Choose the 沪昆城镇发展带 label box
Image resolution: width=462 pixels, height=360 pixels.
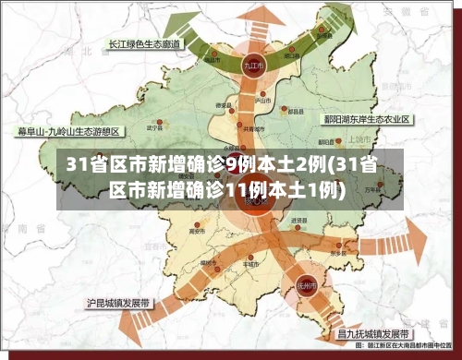(121, 302)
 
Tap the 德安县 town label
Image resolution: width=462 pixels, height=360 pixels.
(223, 106)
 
